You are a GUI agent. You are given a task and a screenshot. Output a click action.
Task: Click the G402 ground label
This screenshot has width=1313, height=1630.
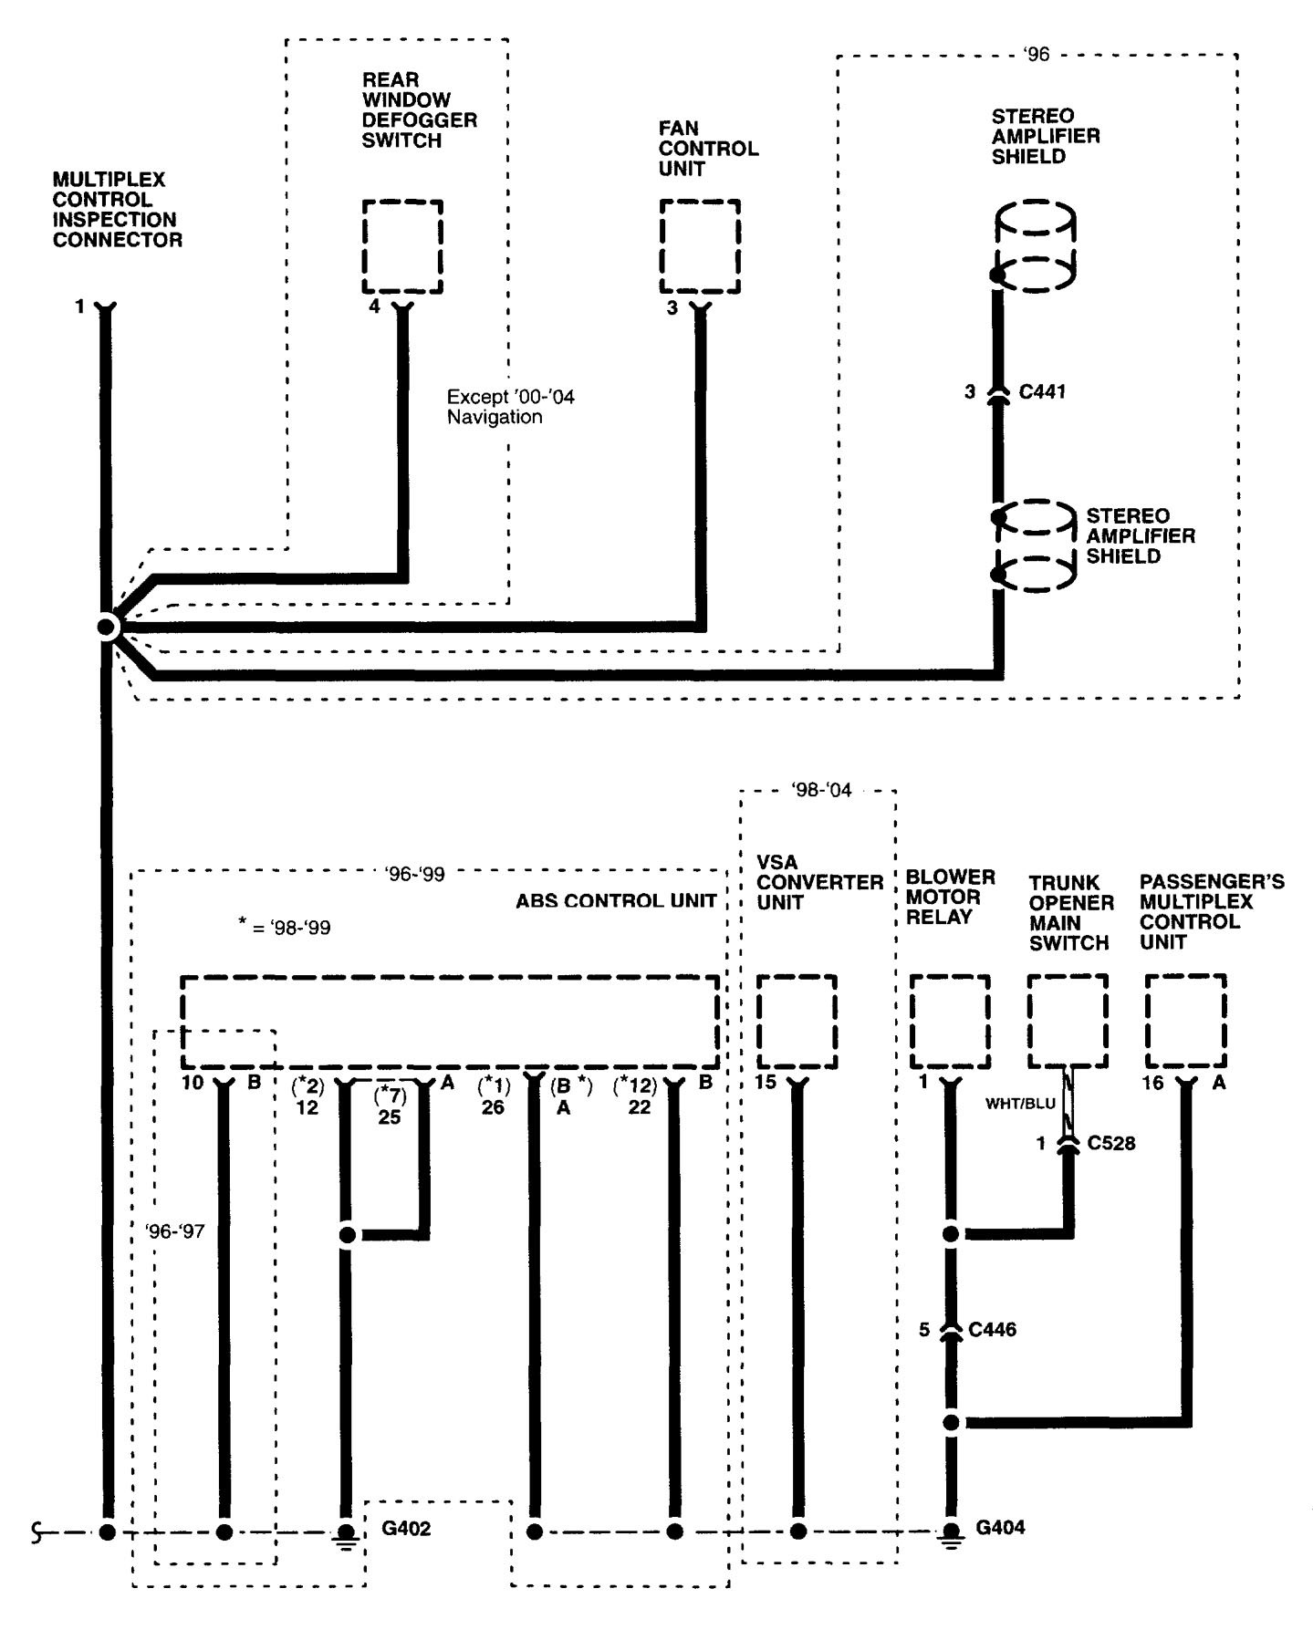(406, 1527)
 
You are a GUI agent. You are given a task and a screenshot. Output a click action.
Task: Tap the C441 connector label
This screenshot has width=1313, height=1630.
(1042, 392)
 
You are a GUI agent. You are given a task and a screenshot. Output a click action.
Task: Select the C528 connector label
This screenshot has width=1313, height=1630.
(1111, 1143)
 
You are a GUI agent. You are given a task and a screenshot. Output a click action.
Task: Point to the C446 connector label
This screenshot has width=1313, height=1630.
(992, 1330)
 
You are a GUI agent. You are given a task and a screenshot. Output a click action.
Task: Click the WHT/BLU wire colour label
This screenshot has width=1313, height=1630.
(1020, 1104)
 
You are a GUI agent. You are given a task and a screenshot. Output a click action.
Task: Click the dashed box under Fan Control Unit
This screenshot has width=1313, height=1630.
(700, 246)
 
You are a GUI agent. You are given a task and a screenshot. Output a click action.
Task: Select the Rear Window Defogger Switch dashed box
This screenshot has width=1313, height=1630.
(402, 246)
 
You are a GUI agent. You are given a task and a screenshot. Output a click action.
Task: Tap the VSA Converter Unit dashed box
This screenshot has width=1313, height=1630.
(797, 1021)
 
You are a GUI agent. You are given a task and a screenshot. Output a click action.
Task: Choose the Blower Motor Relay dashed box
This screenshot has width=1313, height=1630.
(950, 1021)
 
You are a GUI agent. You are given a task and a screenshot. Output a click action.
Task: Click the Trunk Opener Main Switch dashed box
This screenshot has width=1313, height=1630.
(1068, 1021)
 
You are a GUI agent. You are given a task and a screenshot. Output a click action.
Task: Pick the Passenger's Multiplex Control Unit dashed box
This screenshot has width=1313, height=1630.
(1185, 1021)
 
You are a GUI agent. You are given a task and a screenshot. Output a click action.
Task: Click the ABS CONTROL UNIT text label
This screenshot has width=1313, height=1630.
(616, 901)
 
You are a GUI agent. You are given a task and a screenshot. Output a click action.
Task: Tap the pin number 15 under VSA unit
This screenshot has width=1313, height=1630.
(766, 1083)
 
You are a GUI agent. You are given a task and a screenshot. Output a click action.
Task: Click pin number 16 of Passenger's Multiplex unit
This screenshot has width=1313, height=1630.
(1153, 1084)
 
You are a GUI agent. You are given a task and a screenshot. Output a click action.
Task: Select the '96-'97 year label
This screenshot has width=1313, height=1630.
(175, 1231)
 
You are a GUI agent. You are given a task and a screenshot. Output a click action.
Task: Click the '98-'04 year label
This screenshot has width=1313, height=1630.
(821, 790)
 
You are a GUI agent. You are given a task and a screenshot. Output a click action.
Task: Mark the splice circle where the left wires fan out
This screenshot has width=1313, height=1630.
(108, 628)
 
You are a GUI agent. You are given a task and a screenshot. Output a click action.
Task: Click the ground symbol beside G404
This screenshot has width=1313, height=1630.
(951, 1531)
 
